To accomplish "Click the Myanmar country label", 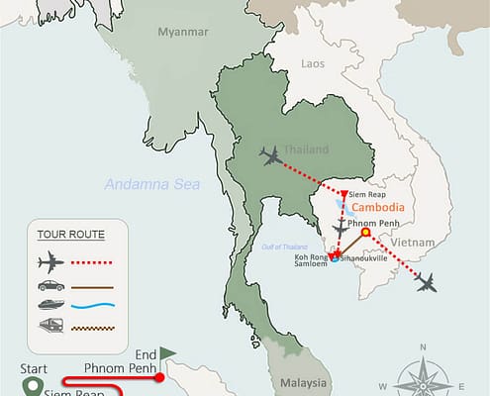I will point(183,32).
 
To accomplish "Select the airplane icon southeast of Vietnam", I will point(428,284).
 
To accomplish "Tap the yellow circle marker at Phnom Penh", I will point(365,234).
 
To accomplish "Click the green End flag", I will point(167,350).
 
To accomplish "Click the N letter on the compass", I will point(423,347).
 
